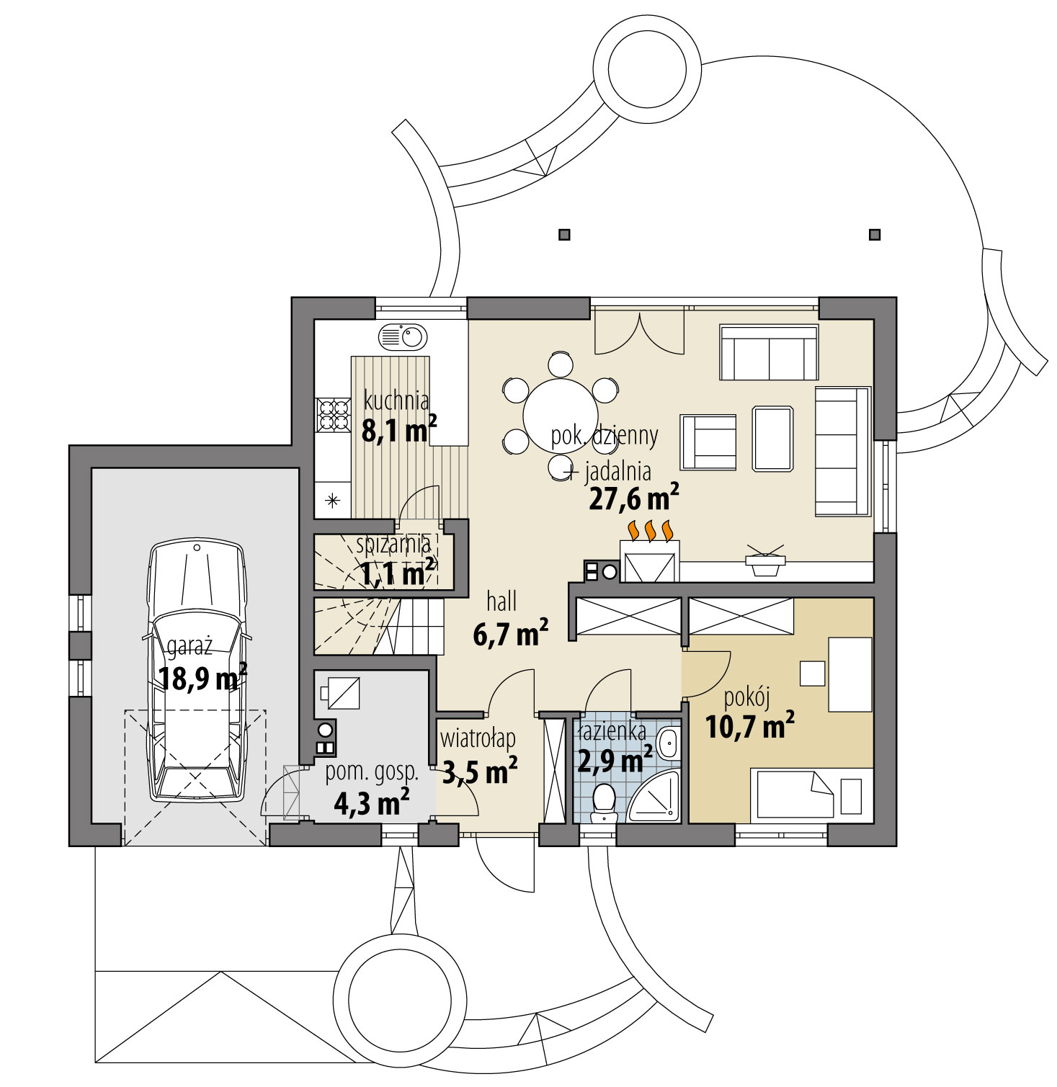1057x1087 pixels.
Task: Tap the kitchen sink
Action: click(403, 336)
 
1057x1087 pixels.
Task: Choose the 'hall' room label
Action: click(501, 601)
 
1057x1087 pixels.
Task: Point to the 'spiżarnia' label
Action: click(394, 545)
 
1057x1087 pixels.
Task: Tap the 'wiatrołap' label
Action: click(477, 739)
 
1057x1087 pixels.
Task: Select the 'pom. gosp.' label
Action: click(372, 771)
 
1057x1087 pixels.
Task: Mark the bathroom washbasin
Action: click(668, 743)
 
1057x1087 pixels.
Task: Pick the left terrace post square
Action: click(564, 234)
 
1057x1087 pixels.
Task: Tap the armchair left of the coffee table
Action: click(708, 442)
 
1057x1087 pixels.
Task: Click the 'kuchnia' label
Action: click(396, 400)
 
